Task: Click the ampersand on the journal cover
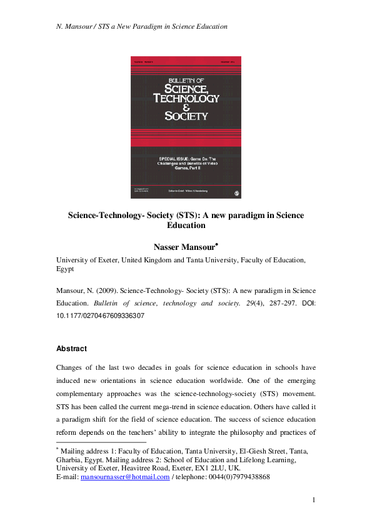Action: (x=186, y=107)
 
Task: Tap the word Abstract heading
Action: (x=71, y=349)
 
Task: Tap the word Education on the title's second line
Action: (x=186, y=226)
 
